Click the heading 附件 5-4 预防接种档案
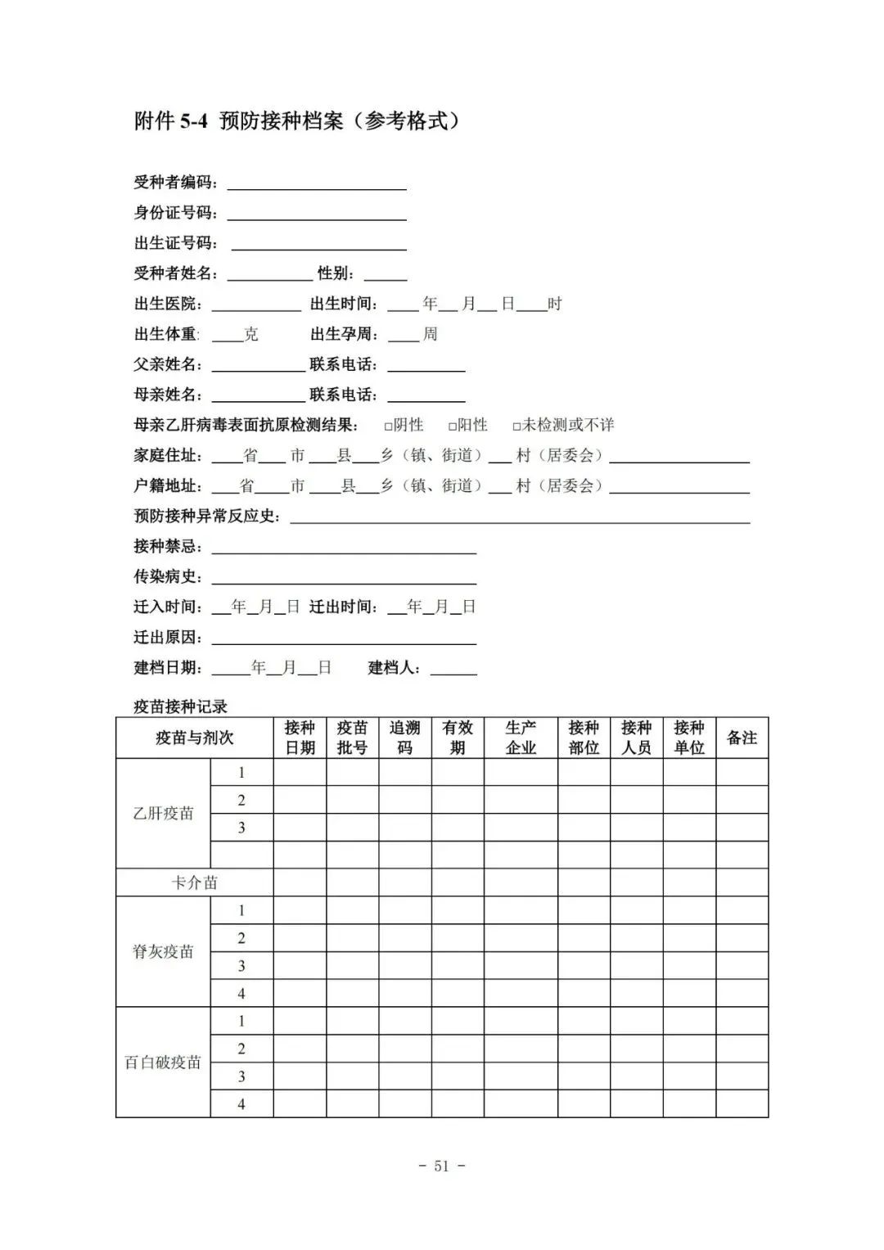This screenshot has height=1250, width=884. coord(296,121)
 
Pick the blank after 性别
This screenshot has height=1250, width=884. coord(385,275)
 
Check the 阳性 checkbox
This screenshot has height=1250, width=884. coord(453,426)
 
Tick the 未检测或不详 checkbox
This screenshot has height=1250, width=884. coord(516,426)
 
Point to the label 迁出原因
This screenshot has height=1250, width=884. coord(169,637)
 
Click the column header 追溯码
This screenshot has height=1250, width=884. coord(404,738)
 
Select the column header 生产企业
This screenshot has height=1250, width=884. coord(521,738)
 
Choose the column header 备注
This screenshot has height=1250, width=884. coord(742,738)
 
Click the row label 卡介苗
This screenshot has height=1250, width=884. coord(194,882)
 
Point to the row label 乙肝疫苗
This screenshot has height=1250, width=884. coord(163,814)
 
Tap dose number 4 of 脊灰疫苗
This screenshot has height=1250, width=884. coord(241,994)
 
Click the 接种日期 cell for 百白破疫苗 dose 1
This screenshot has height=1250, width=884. coord(300,1021)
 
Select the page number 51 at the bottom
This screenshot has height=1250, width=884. coord(441,1167)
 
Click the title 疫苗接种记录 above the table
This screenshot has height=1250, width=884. coord(180,706)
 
